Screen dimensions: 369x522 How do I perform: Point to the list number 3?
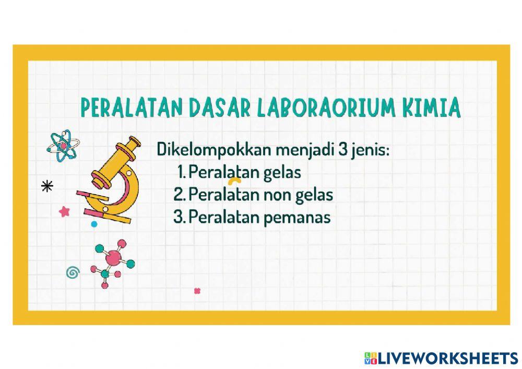coord(179,217)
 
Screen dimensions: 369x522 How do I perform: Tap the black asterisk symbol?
coord(48,186)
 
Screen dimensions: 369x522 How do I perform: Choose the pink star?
coord(65,211)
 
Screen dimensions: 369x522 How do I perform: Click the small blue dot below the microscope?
coord(94,224)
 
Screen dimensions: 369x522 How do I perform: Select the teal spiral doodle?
coord(73,271)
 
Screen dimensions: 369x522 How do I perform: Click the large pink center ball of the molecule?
coord(112,257)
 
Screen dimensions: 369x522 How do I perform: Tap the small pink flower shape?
coord(197,291)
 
